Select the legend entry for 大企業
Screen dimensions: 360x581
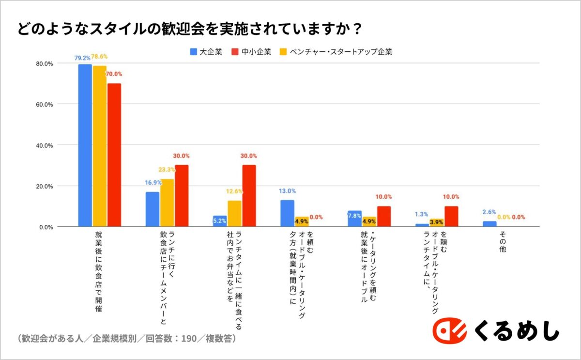pos(206,51)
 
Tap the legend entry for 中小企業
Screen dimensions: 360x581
pos(251,51)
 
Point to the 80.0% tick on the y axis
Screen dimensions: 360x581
pos(44,63)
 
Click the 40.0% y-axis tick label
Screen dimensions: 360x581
pos(44,145)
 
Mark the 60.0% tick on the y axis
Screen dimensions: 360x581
pos(44,104)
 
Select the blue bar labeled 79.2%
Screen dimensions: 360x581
pos(85,145)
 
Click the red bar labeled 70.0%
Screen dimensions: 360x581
pos(114,155)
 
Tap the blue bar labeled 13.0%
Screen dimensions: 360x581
pos(287,213)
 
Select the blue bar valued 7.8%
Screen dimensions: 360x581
pos(354,219)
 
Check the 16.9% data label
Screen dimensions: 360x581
pos(153,183)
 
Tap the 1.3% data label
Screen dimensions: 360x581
pos(421,214)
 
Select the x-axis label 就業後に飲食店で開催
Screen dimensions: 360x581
pos(99,271)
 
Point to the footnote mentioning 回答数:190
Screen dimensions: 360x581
pos(126,338)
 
